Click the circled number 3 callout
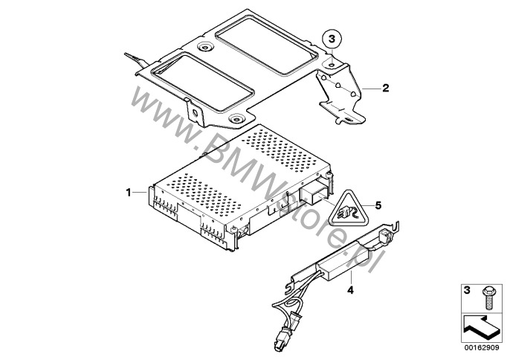click(x=331, y=39)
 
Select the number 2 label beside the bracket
click(x=385, y=88)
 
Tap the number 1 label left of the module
click(x=129, y=193)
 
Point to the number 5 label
click(x=378, y=205)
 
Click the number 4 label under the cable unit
click(x=350, y=290)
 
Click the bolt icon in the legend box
click(x=488, y=298)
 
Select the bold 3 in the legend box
click(x=467, y=290)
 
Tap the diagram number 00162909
click(x=482, y=348)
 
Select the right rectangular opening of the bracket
click(x=267, y=48)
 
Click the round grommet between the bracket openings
click(x=204, y=48)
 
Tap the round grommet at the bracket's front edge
click(x=236, y=119)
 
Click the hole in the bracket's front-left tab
click(x=195, y=113)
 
